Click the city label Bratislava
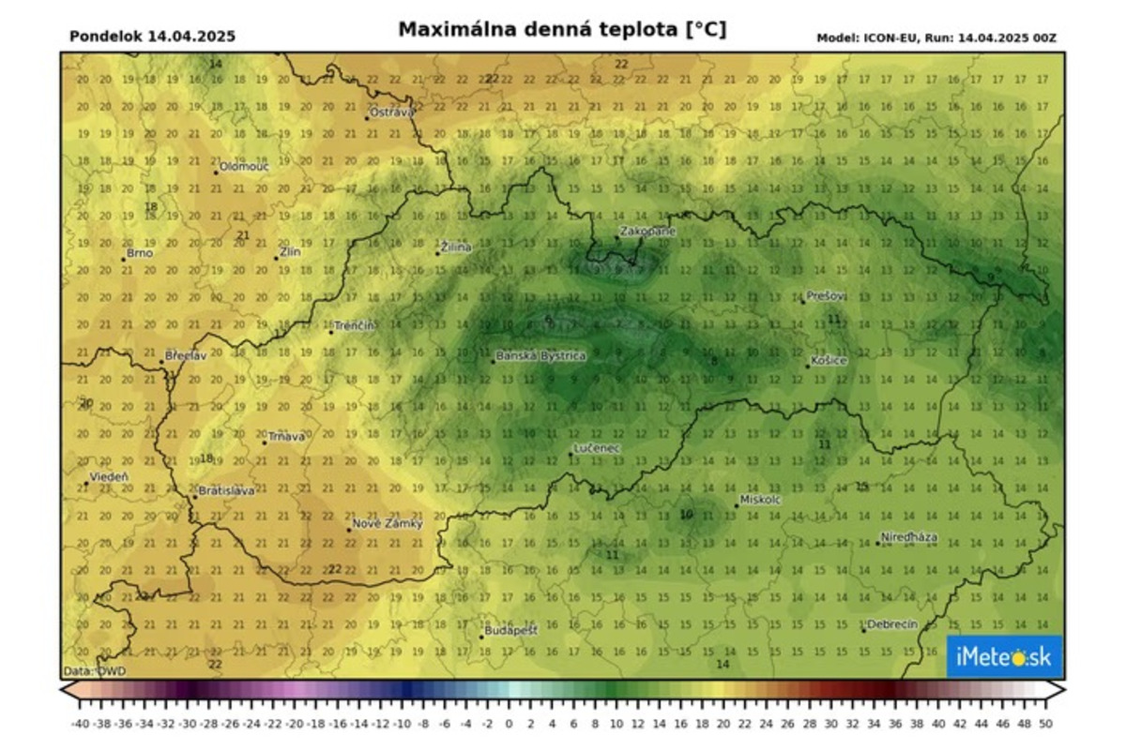click(226, 491)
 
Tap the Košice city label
click(829, 361)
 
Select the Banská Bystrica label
click(540, 356)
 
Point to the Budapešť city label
click(511, 631)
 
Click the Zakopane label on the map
click(647, 231)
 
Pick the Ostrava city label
click(391, 112)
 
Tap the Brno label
click(140, 253)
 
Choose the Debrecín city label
click(892, 624)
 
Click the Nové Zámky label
click(387, 524)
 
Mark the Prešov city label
click(826, 296)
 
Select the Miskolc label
click(761, 500)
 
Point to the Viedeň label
click(108, 477)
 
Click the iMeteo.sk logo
click(1004, 657)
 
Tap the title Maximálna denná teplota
click(562, 30)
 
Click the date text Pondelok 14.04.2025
click(152, 37)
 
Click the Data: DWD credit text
click(95, 671)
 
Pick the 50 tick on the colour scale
click(1043, 723)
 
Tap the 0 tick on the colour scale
click(509, 723)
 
